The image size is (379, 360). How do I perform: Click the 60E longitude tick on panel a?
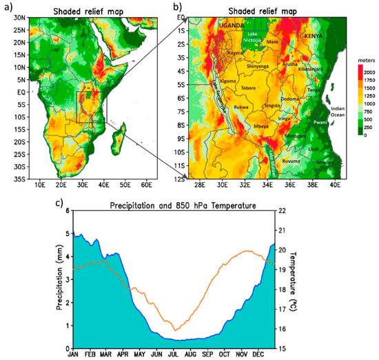click(145, 185)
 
